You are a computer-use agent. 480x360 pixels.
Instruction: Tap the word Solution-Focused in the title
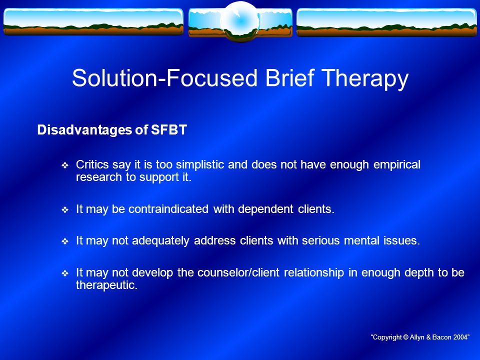pos(164,78)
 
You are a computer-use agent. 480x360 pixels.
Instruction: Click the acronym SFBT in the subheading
pos(168,130)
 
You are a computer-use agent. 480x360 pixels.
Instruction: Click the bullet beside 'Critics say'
pos(65,165)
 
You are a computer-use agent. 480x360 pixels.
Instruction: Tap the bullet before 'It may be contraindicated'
pos(65,210)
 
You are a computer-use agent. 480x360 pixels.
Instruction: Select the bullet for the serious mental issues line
pos(65,241)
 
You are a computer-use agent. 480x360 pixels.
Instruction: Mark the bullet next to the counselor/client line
pos(65,273)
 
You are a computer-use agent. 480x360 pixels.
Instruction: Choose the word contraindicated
pos(168,209)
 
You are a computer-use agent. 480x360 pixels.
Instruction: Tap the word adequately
pos(160,241)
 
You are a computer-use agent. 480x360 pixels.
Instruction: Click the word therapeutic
pos(106,285)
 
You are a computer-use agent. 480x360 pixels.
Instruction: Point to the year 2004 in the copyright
pos(460,337)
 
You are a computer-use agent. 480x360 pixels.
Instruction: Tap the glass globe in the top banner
pos(240,21)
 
